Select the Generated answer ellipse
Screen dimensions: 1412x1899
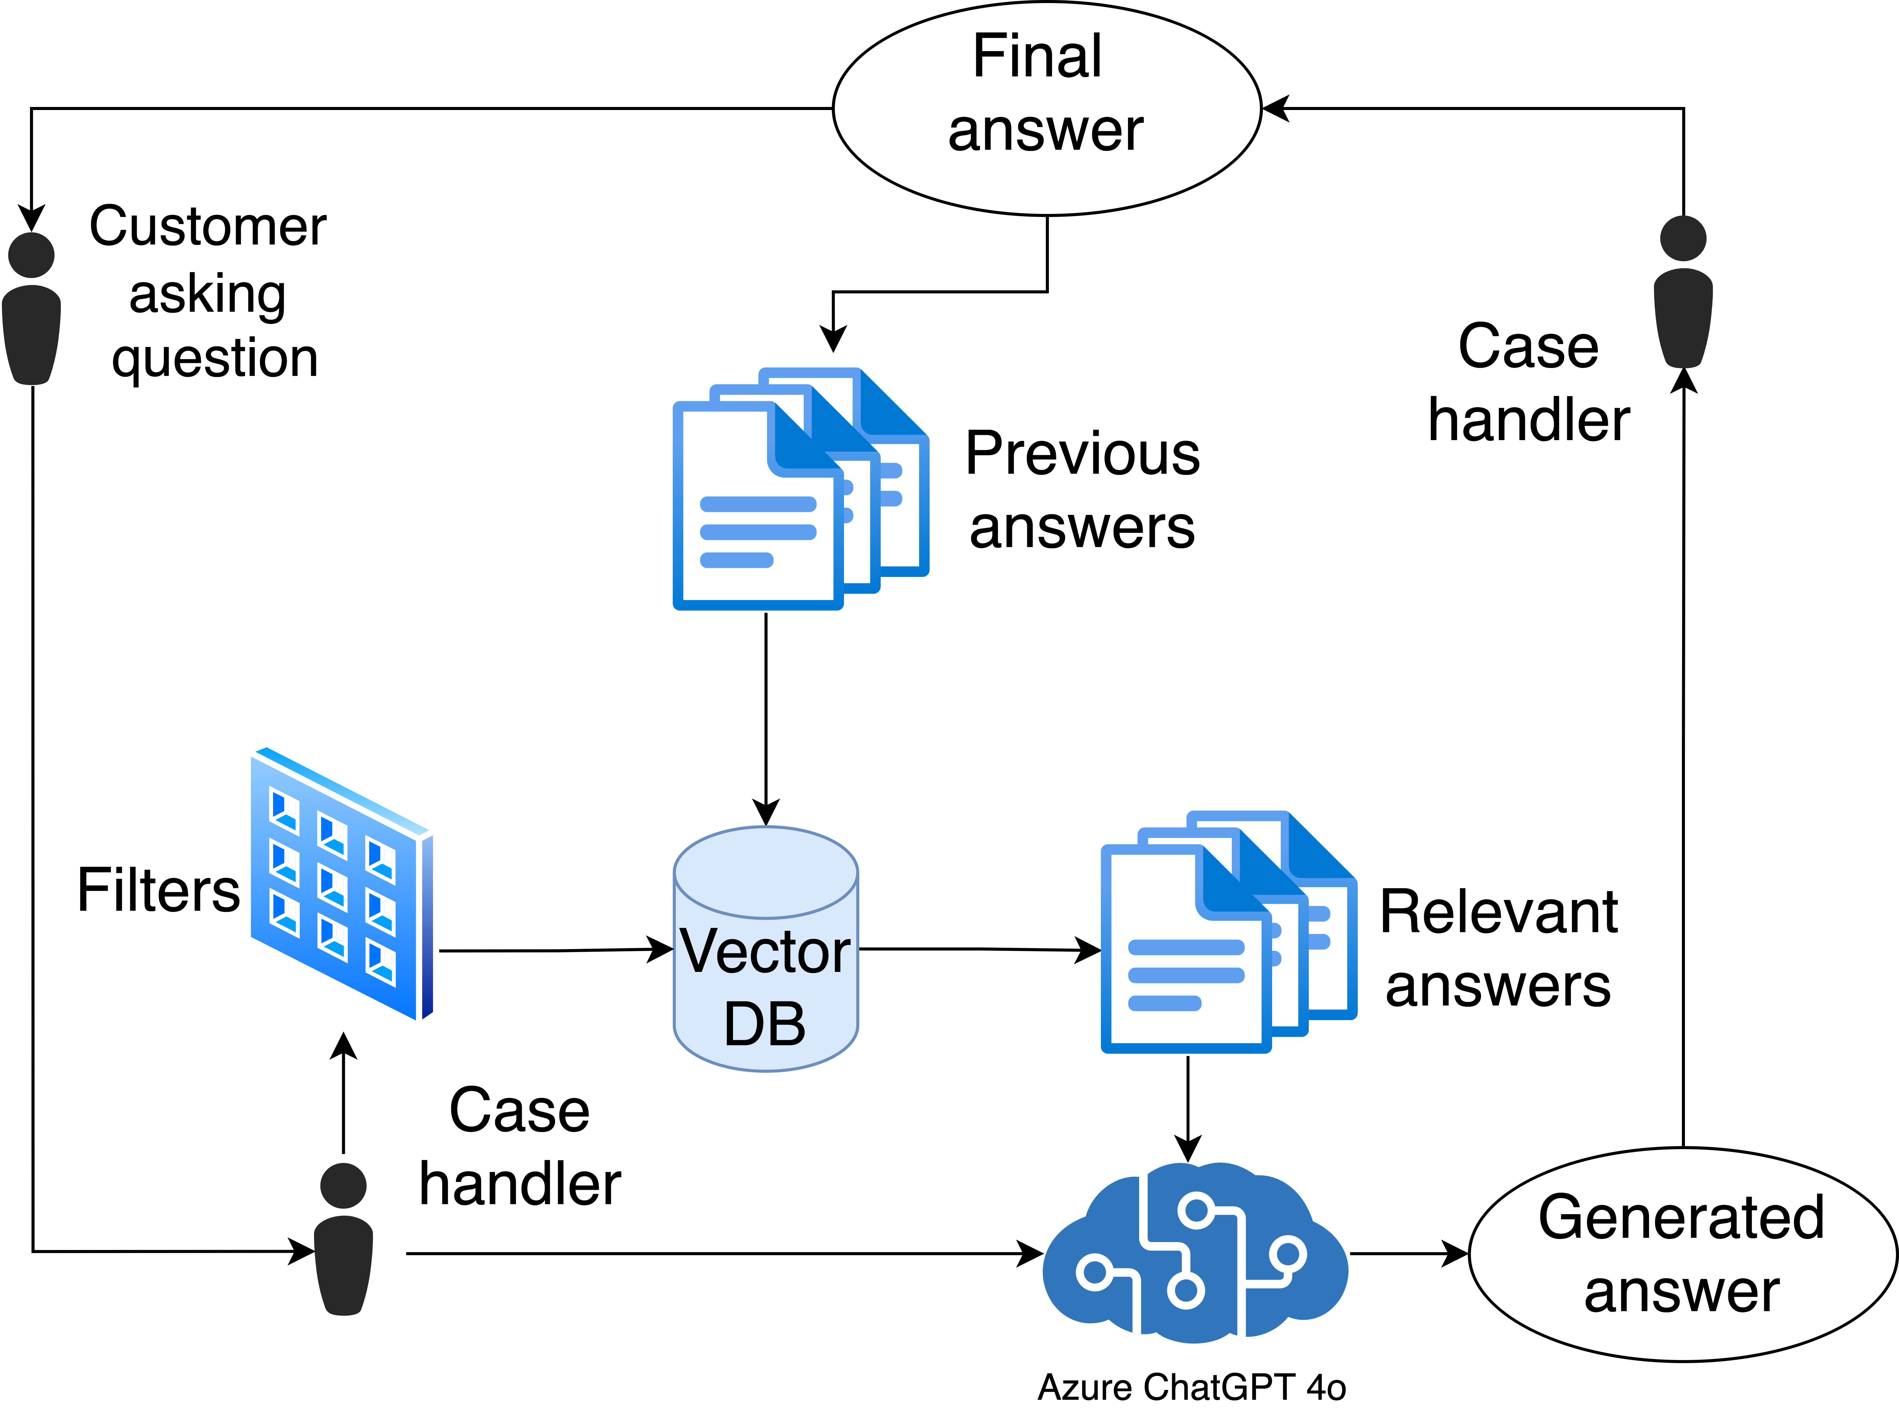click(1682, 1254)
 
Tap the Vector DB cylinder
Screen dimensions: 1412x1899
click(765, 949)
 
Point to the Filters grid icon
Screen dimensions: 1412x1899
click(342, 884)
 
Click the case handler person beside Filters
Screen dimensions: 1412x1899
click(344, 1239)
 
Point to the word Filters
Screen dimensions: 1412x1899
click(158, 891)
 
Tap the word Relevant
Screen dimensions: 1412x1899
click(1498, 912)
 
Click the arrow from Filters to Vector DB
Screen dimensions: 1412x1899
click(556, 951)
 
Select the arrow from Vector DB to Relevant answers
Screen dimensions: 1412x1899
click(979, 949)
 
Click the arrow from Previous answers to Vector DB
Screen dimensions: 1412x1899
click(766, 718)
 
